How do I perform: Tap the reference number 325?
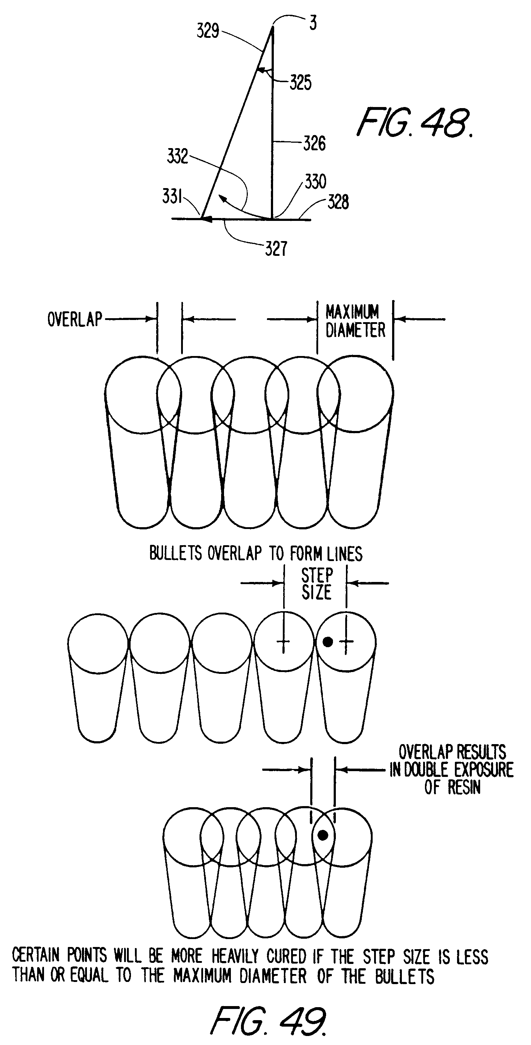tap(300, 83)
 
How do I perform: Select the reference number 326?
tap(314, 144)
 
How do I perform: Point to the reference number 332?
tap(177, 156)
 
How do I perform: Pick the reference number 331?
tap(172, 197)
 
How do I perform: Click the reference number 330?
tap(315, 182)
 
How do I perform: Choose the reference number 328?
tap(338, 202)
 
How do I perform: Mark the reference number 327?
tap(276, 249)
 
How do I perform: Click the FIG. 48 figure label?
tap(414, 123)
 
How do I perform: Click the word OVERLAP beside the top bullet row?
tap(75, 319)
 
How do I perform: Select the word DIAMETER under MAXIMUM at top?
tap(355, 330)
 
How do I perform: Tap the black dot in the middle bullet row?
tap(328, 641)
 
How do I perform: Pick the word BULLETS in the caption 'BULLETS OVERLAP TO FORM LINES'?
tap(175, 553)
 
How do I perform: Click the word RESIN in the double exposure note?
tap(464, 787)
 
